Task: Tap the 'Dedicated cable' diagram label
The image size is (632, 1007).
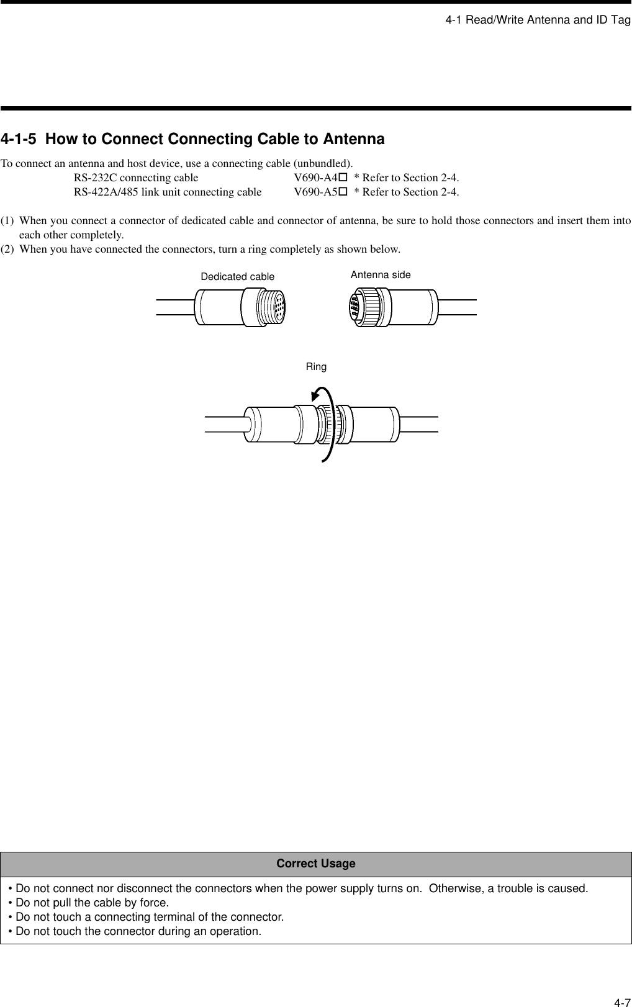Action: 237,277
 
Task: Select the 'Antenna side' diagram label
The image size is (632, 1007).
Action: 381,274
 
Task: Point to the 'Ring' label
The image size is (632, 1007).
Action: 316,367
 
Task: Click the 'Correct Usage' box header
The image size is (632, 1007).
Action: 316,864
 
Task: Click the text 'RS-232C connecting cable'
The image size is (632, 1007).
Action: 136,178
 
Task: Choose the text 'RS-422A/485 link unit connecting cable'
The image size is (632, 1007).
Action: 168,192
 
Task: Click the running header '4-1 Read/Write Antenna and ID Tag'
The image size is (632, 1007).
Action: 538,20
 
